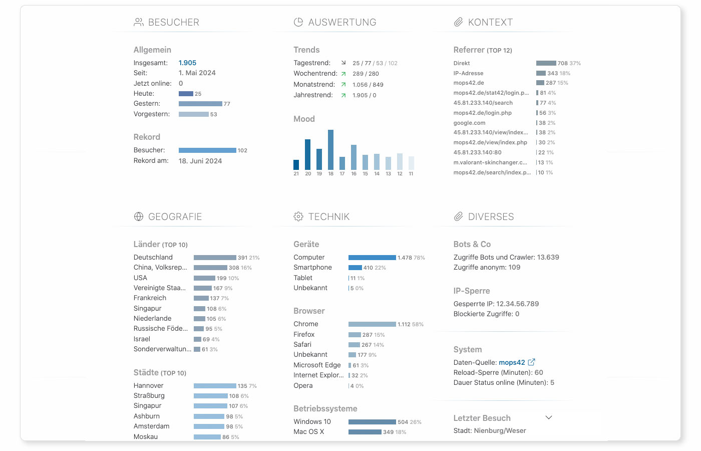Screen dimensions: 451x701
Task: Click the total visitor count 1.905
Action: [x=187, y=63]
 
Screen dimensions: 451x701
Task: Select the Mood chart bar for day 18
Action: [x=330, y=150]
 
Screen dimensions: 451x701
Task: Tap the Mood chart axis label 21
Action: [x=296, y=174]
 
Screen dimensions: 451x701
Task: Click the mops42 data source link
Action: [x=512, y=362]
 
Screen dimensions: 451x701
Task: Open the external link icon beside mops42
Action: [x=531, y=362]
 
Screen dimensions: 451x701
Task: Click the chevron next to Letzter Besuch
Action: [x=549, y=417]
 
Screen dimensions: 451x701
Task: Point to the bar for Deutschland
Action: [x=215, y=258]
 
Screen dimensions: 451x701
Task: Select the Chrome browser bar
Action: [x=372, y=324]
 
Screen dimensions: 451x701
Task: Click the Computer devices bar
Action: [x=372, y=258]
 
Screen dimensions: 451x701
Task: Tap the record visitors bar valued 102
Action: [x=207, y=150]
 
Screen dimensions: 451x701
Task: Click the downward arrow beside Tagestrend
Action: [x=343, y=63]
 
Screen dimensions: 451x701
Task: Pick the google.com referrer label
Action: [x=469, y=123]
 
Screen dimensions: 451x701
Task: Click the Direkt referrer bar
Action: [x=546, y=63]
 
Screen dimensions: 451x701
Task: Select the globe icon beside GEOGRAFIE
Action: [x=139, y=216]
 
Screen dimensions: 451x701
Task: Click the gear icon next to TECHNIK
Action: [x=298, y=216]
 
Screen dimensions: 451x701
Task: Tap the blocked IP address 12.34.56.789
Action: [x=517, y=304]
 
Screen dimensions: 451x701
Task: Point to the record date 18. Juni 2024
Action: [x=200, y=161]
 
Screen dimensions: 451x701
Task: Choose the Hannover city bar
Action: [x=215, y=386]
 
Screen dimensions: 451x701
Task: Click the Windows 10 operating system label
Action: [x=312, y=421]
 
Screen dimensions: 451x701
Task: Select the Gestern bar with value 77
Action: [x=200, y=104]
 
